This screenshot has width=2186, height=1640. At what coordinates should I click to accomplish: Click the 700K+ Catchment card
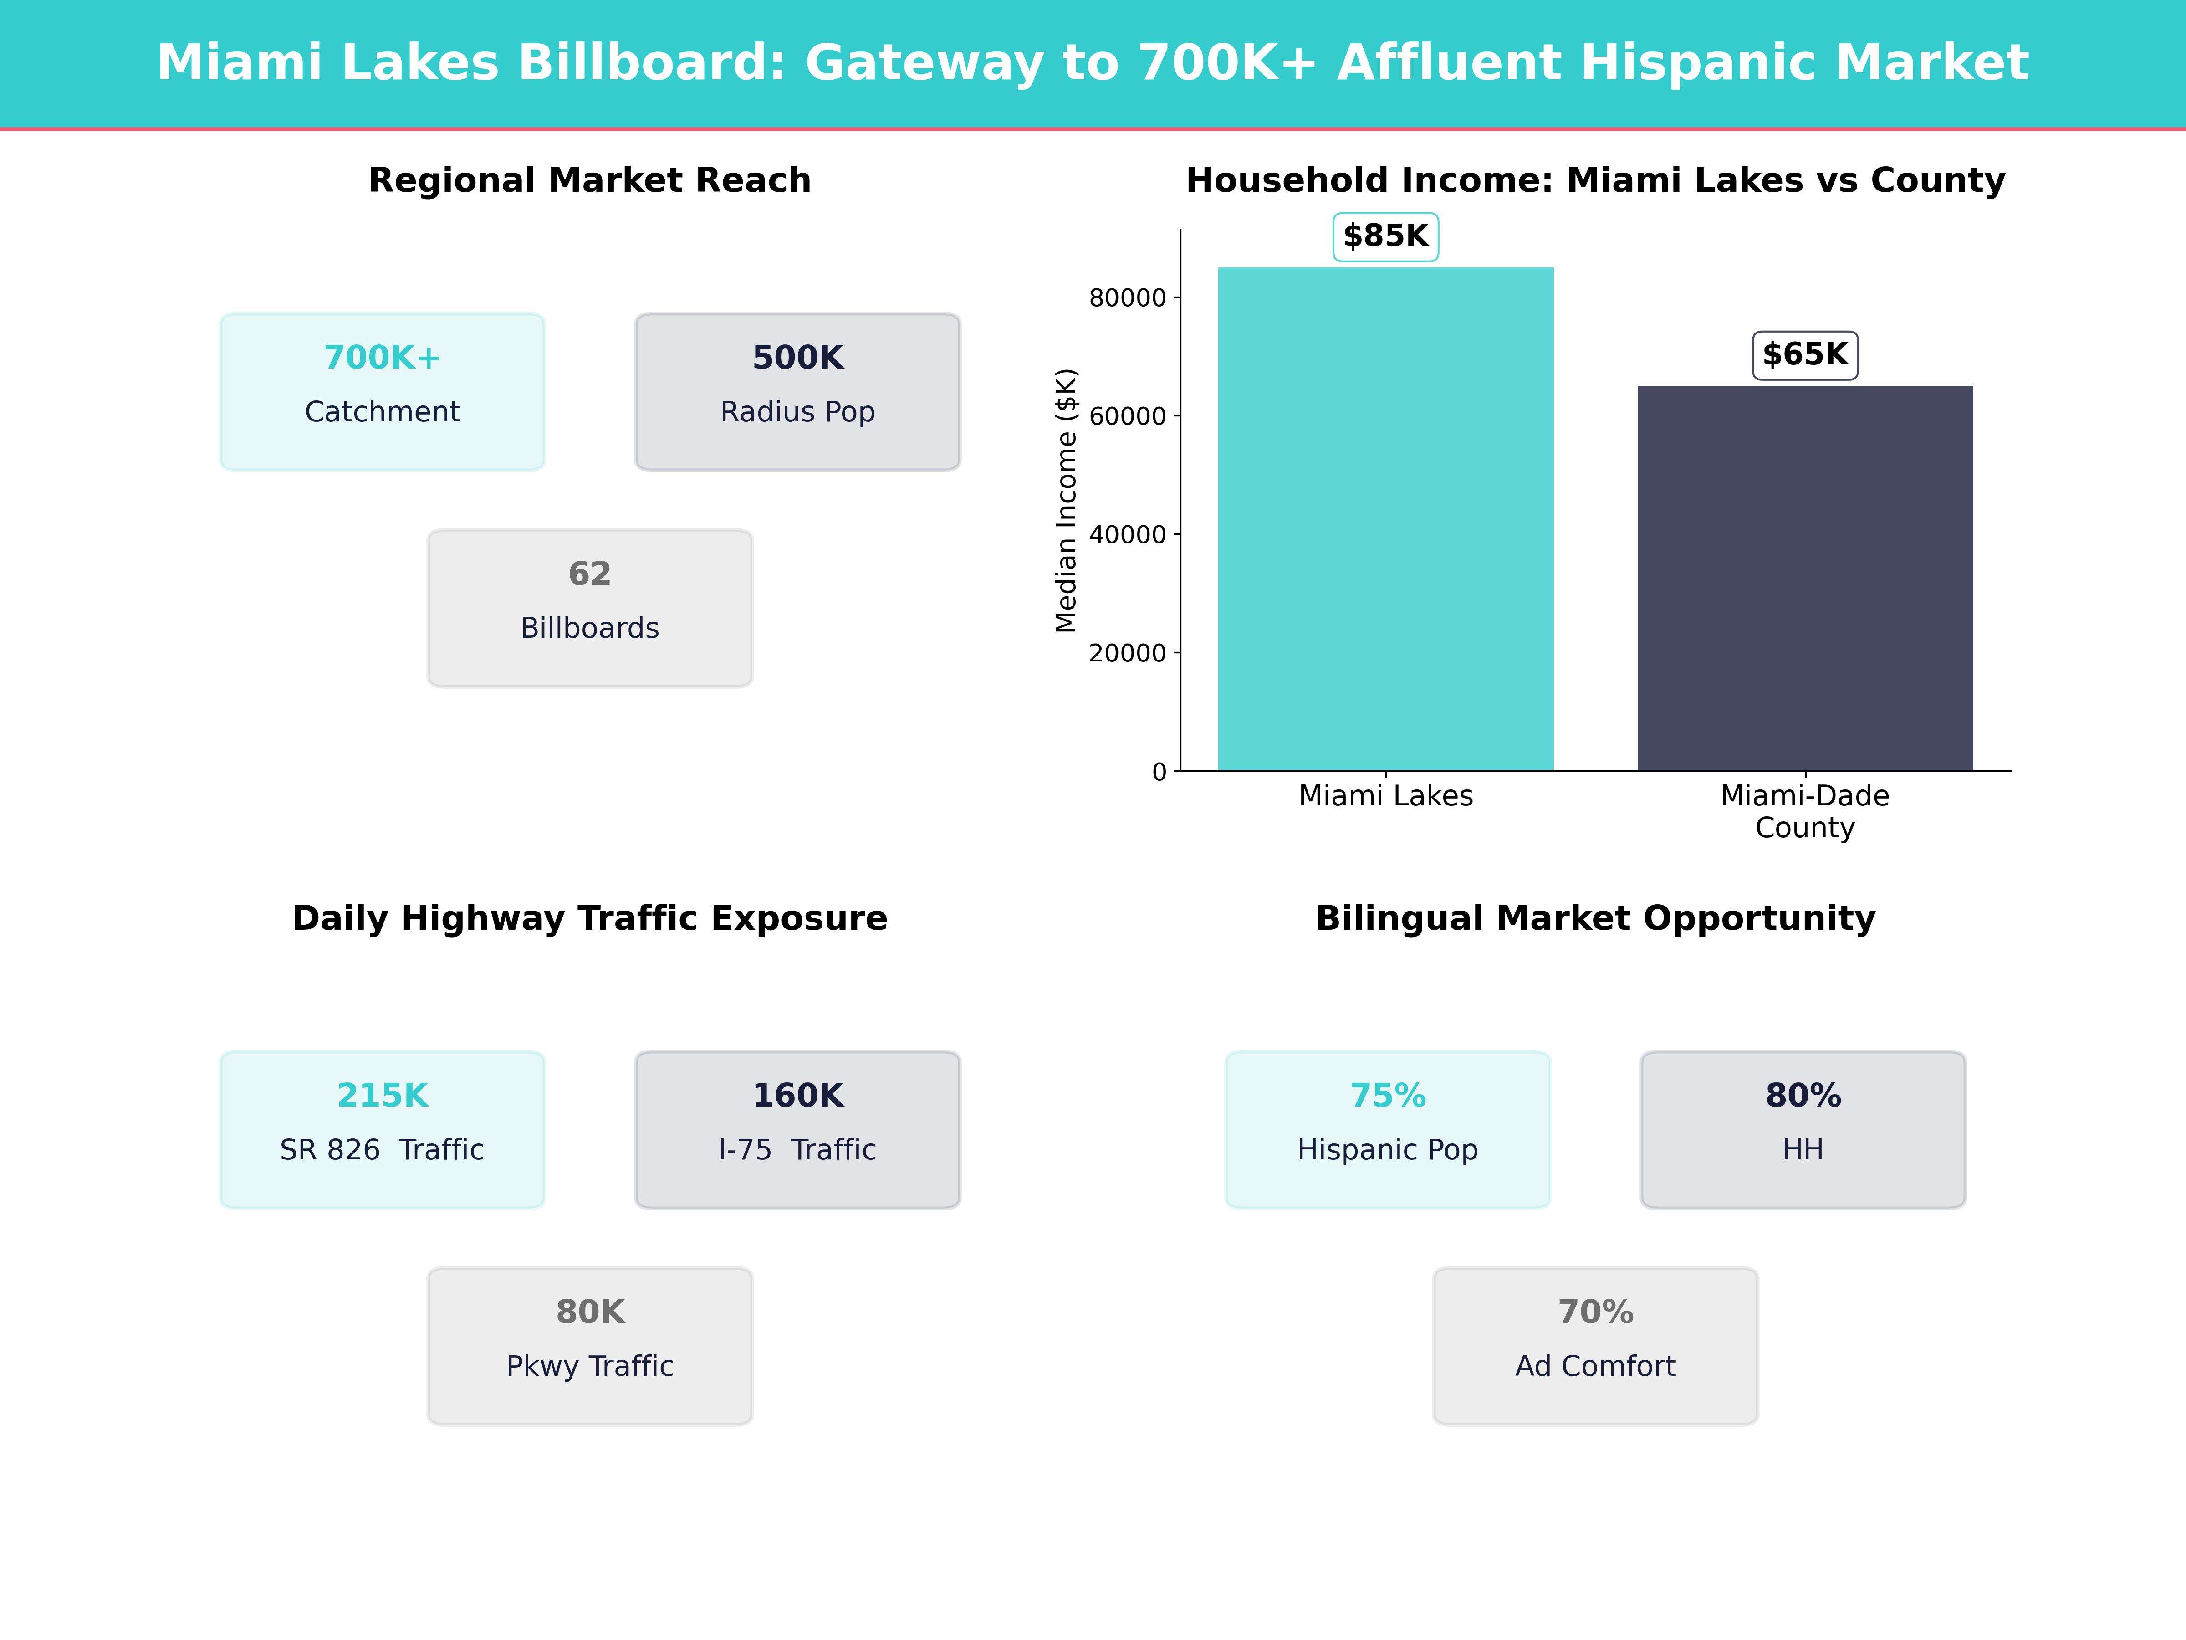coord(383,391)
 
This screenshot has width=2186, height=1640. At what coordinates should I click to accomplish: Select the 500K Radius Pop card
coord(797,391)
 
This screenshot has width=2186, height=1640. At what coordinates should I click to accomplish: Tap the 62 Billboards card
coord(590,608)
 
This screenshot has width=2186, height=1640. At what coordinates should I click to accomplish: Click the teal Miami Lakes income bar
coord(1385,519)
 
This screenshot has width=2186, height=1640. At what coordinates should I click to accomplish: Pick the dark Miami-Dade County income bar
coord(1804,578)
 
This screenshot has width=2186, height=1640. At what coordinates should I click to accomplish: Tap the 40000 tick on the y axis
coord(1128,535)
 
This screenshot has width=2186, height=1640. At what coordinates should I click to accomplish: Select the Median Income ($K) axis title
coord(1065,500)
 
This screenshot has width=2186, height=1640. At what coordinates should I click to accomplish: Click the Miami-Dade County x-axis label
coord(1804,812)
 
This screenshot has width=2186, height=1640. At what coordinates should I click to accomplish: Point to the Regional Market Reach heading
coord(590,181)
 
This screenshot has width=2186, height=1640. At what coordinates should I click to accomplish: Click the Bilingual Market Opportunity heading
coord(1595,918)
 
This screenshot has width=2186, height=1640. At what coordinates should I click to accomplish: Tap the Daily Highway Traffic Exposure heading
coord(590,918)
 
